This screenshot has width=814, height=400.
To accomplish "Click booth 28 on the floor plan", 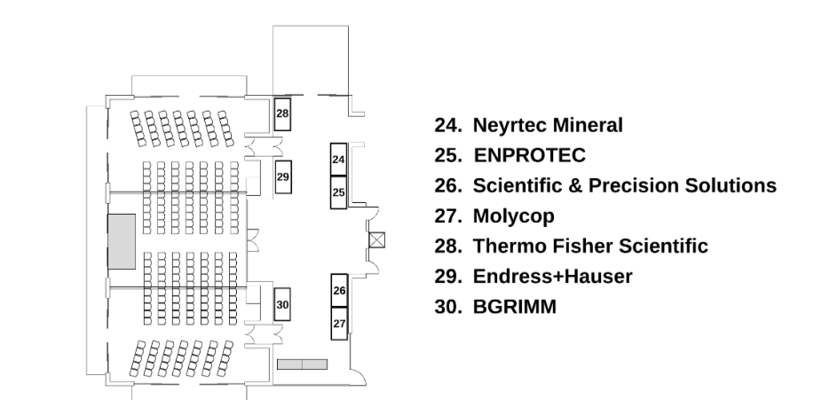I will (x=282, y=114).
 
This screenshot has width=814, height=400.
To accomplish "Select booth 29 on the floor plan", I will (x=283, y=177).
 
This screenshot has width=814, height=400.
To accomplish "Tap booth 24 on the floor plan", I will (x=338, y=160).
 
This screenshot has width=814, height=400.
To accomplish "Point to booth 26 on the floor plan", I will (x=339, y=290).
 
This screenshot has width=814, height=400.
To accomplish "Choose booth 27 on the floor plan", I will (x=339, y=324).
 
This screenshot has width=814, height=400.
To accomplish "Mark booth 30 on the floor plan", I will (x=282, y=304).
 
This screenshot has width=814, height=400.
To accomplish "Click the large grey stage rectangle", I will (x=122, y=241).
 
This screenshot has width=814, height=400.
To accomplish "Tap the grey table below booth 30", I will (x=303, y=364).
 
